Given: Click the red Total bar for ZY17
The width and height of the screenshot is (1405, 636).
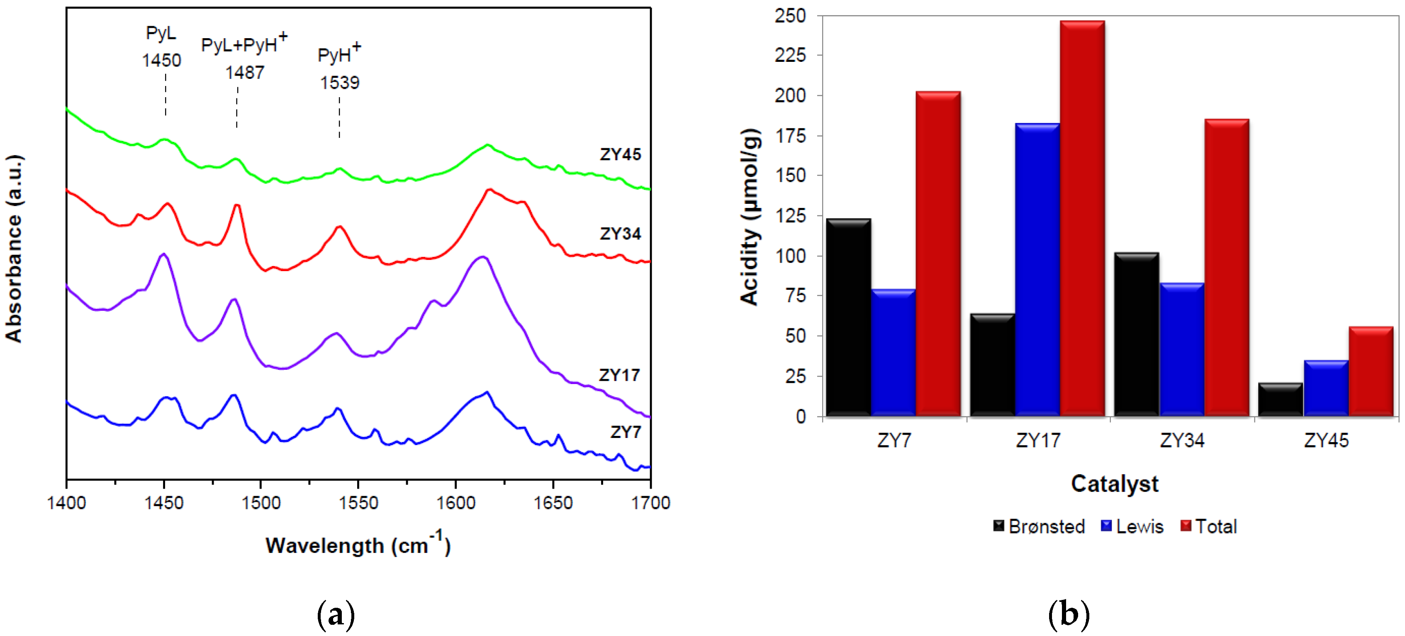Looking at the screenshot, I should [1082, 218].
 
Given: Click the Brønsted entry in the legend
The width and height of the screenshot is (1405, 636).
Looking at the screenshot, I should [1039, 526].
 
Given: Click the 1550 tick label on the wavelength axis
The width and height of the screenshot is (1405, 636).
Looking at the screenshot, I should [358, 503].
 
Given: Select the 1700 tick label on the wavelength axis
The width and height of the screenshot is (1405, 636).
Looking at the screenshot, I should [650, 503].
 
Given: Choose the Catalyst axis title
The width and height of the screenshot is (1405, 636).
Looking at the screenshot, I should [1114, 484].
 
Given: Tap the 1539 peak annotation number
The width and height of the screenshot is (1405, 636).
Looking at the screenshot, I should [339, 83].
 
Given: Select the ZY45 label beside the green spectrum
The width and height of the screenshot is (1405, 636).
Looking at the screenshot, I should [620, 154].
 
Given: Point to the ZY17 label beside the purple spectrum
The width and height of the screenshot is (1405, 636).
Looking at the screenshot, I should [619, 375].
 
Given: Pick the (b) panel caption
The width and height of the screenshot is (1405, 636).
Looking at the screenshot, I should [1068, 614].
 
